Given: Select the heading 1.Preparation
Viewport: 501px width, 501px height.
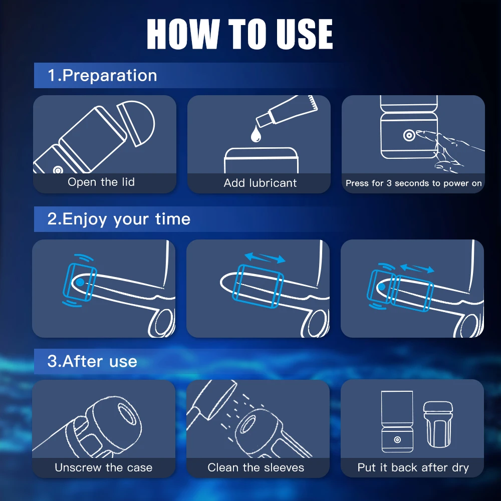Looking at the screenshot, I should [102, 76].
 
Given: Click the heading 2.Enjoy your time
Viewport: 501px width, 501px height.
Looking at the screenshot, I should [119, 219].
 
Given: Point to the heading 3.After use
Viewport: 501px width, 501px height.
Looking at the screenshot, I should [92, 361].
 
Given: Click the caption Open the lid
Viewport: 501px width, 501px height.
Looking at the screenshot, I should [101, 182].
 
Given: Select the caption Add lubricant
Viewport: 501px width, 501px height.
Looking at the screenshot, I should [260, 183].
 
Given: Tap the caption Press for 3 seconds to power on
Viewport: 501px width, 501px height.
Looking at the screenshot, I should [413, 183].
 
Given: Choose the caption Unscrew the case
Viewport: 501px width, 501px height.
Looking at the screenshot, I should [103, 468].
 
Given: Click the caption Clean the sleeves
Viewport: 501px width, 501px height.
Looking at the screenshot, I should [256, 468].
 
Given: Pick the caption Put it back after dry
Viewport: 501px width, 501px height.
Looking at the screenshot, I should [413, 468].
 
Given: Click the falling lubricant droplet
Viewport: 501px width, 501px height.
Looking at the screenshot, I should [257, 134].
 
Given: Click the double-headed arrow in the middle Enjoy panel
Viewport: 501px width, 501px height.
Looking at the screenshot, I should [265, 258].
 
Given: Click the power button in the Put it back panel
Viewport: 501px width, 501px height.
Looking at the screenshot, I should [397, 439].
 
